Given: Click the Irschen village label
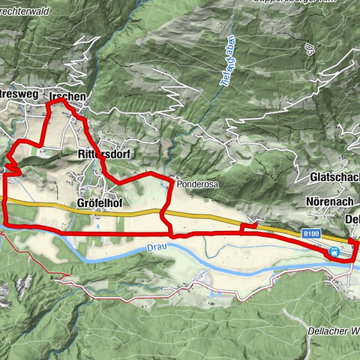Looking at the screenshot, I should [66, 97].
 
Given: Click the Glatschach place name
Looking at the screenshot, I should [334, 178].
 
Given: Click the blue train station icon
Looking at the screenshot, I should [331, 253].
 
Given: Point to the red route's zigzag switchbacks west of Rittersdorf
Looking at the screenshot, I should [10, 159].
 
